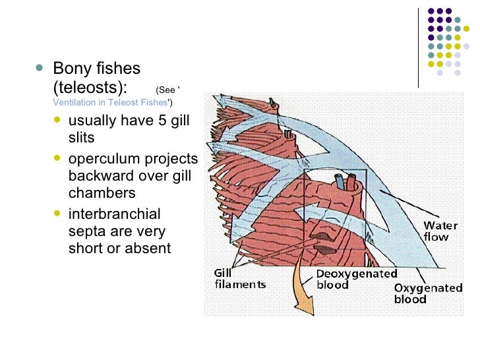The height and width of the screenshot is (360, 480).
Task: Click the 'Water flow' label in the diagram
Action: (x=440, y=231)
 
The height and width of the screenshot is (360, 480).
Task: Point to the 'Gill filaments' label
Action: (x=239, y=278)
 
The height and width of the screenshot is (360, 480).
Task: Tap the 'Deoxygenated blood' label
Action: (x=356, y=279)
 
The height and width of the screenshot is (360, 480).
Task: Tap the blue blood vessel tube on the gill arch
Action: (x=339, y=181)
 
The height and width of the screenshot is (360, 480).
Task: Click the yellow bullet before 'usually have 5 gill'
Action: (x=59, y=121)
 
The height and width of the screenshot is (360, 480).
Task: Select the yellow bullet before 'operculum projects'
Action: (x=59, y=160)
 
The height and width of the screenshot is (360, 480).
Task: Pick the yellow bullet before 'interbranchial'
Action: (x=59, y=215)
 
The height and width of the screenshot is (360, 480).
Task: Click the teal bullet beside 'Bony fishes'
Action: (x=42, y=68)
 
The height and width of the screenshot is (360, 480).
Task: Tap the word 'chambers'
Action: (x=102, y=193)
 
